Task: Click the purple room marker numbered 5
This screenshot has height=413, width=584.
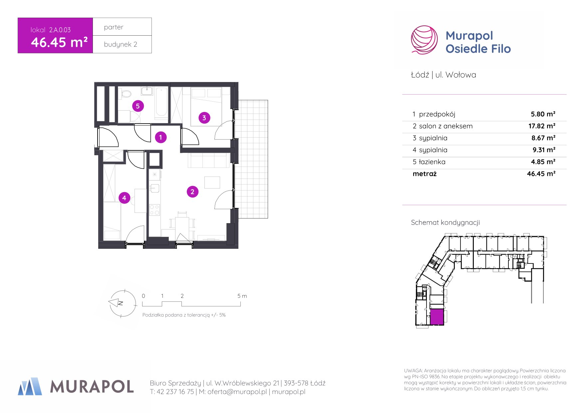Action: click(138, 106)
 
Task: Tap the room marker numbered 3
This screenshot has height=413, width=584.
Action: click(204, 118)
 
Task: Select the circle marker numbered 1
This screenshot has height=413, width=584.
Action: click(161, 137)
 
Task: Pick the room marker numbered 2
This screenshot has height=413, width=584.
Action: click(192, 192)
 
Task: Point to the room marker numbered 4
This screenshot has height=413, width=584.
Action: click(124, 198)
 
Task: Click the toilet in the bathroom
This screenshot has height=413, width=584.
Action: click(126, 93)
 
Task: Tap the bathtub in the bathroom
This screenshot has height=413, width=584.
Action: click(161, 102)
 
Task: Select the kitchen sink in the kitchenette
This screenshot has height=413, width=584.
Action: click(154, 189)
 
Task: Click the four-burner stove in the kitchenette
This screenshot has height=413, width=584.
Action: click(154, 210)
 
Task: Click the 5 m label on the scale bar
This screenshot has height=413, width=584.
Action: click(242, 296)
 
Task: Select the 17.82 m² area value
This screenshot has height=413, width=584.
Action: click(542, 126)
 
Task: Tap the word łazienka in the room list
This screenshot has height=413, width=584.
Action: click(432, 162)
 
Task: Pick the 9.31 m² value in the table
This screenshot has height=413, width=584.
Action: click(544, 150)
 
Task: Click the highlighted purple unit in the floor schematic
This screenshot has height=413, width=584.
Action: click(437, 317)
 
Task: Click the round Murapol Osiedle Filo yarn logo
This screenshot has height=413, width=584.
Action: click(424, 40)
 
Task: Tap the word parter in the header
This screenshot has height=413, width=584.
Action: click(114, 27)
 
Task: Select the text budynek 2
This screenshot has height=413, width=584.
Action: click(121, 44)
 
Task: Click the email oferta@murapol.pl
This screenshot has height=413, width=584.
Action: click(237, 392)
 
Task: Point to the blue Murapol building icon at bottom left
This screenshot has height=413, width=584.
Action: click(30, 386)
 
